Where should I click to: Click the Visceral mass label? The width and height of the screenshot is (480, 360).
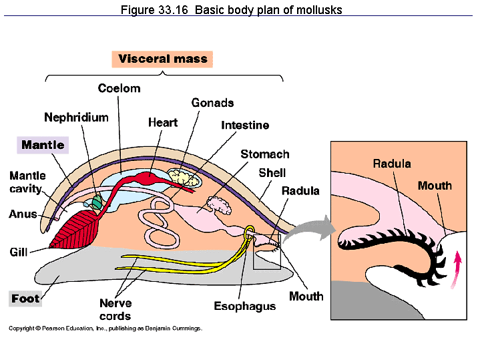[163, 59]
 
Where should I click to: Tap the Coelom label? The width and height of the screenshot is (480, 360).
[119, 88]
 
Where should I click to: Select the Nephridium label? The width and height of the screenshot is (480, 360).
[76, 118]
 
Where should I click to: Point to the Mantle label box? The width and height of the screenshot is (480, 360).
[43, 145]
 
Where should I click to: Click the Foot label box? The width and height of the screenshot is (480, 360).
[25, 299]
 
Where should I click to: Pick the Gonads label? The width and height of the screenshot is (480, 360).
[212, 103]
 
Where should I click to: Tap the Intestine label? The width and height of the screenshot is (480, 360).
[245, 125]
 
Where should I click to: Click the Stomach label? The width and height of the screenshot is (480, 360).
[265, 154]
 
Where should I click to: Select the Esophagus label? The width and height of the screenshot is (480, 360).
[244, 306]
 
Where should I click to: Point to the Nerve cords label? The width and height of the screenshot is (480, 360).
[115, 309]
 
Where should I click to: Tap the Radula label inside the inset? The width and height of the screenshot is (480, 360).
[392, 164]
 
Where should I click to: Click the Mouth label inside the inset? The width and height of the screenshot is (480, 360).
[435, 186]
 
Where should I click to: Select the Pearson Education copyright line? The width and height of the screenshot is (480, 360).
[105, 329]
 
